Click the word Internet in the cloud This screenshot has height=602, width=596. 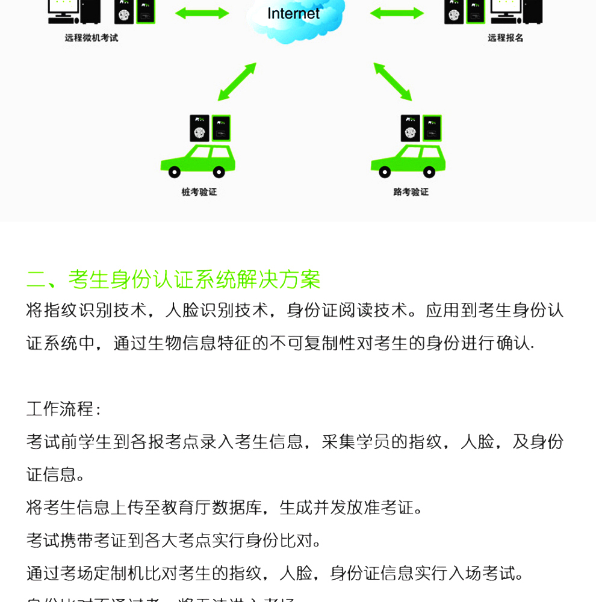pyautogui.click(x=293, y=14)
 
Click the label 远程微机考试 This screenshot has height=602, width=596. pyautogui.click(x=92, y=38)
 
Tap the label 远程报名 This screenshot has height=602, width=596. pyautogui.click(x=505, y=38)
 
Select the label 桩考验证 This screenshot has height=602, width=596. pyautogui.click(x=199, y=192)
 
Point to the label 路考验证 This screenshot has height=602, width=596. pyautogui.click(x=411, y=192)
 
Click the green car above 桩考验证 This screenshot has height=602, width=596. pyautogui.click(x=197, y=160)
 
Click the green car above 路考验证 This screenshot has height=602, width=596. pyautogui.click(x=408, y=160)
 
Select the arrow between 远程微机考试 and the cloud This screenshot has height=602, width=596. pyautogui.click(x=202, y=13)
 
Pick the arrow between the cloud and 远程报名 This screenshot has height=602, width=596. pyautogui.click(x=397, y=13)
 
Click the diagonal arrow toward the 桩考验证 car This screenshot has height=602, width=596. pyautogui.click(x=237, y=81)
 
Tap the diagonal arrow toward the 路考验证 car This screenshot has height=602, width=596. pyautogui.click(x=393, y=81)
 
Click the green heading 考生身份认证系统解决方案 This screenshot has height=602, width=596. pyautogui.click(x=194, y=279)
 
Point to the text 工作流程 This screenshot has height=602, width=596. pyautogui.click(x=60, y=409)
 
